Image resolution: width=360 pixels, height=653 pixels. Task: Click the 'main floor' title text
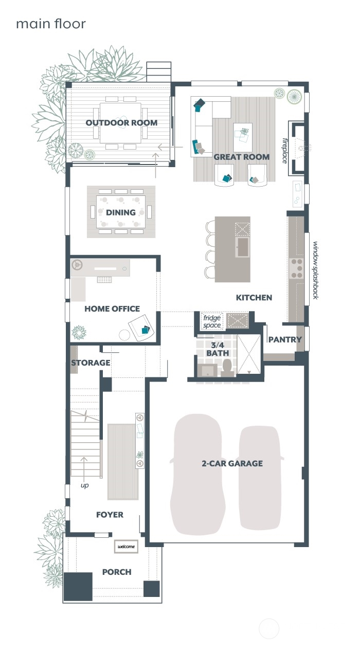tap(50, 24)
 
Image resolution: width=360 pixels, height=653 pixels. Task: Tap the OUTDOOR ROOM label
tap(121, 123)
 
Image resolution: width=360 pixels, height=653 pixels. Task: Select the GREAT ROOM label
tap(241, 157)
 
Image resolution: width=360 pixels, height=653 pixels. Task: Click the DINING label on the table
tap(121, 212)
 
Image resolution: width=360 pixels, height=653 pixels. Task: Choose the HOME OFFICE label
tap(112, 309)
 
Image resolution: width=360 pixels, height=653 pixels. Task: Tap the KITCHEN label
tap(254, 298)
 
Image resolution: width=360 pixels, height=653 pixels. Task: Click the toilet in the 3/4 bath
tap(227, 367)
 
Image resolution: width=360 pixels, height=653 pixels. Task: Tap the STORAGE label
tap(91, 363)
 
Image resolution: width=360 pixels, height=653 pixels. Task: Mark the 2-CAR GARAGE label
tap(231, 463)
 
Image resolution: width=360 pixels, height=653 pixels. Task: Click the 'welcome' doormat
tap(126, 547)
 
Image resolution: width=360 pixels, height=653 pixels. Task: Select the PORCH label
tap(117, 572)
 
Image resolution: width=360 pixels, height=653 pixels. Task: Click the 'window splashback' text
tap(315, 270)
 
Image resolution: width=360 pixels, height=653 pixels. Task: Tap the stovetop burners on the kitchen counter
tap(297, 268)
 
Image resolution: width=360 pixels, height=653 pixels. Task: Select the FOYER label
tap(110, 515)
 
